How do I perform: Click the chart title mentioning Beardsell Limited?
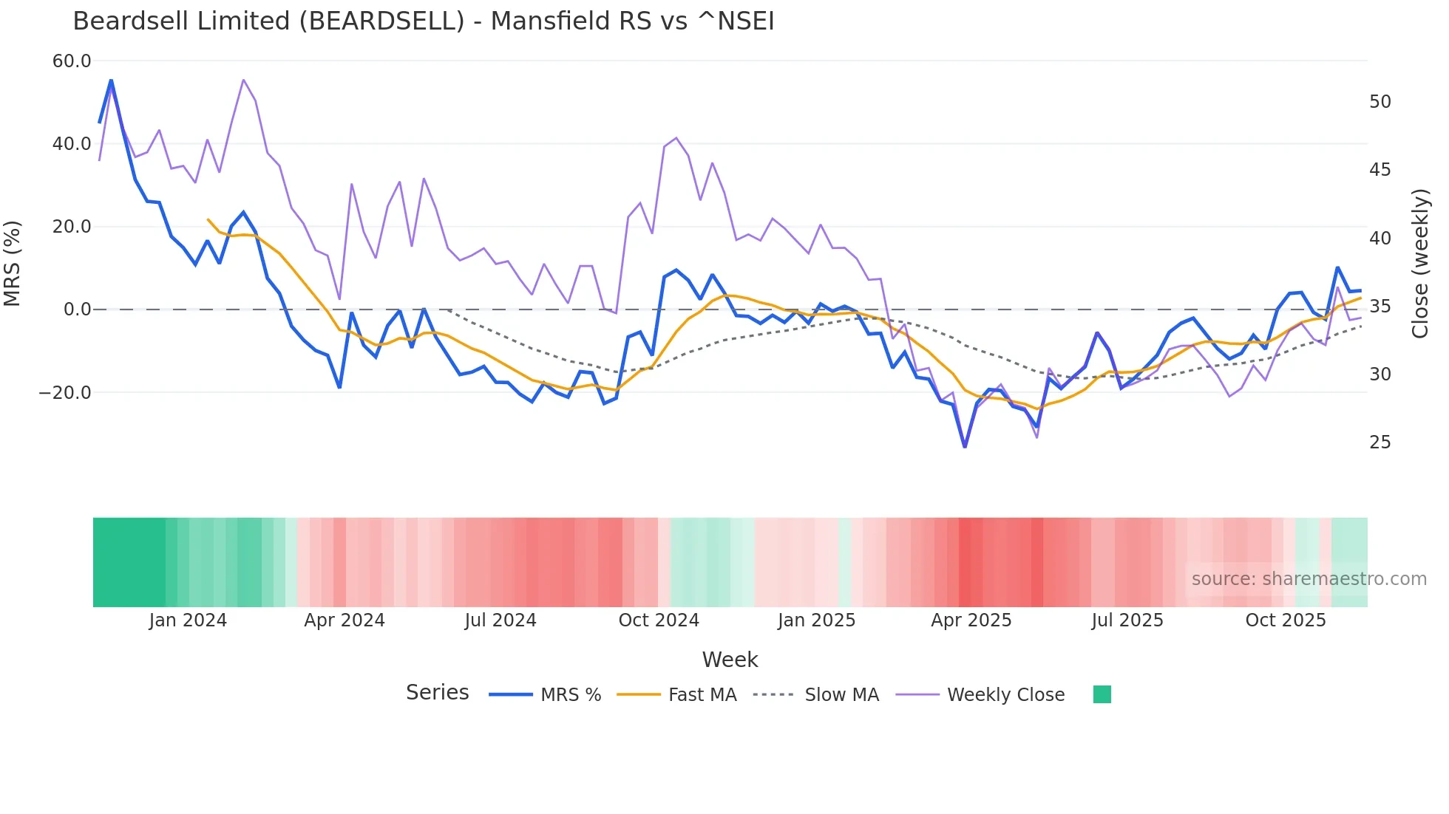[423, 21]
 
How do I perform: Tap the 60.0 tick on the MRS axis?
[72, 61]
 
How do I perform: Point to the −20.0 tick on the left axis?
[65, 393]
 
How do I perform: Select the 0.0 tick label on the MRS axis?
[77, 309]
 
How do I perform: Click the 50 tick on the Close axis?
[1380, 102]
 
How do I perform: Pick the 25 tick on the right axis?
[1380, 442]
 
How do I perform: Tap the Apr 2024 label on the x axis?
[345, 620]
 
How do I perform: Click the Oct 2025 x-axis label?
[1286, 620]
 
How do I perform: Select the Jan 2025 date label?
[816, 620]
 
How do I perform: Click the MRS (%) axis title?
[13, 264]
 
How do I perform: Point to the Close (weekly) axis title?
[1419, 264]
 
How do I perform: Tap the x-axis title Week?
[730, 660]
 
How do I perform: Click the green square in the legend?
[1102, 695]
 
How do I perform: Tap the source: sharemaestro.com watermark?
[1309, 579]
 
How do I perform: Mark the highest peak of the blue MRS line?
[111, 80]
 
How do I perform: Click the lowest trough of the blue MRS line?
[965, 447]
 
